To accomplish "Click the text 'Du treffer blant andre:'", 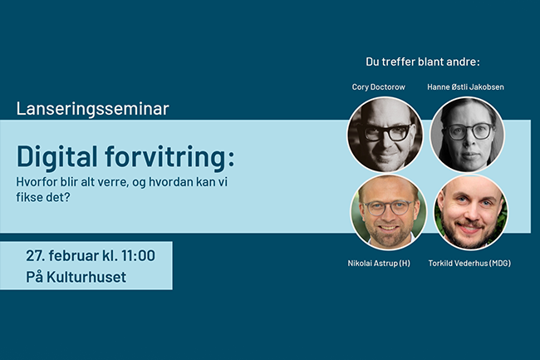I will coord(423,61).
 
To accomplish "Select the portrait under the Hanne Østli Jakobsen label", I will coord(468,134).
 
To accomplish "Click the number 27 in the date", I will coord(35,254).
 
